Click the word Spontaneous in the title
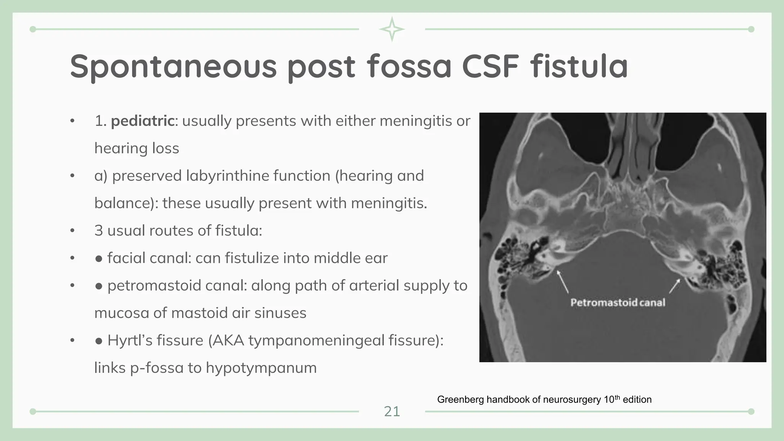point(173,67)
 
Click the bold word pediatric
point(142,121)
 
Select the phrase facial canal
point(149,258)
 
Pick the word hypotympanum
point(261,368)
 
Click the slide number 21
point(392,412)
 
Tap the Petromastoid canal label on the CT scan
point(617,302)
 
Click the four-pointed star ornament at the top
point(392,29)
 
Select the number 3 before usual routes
point(98,231)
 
